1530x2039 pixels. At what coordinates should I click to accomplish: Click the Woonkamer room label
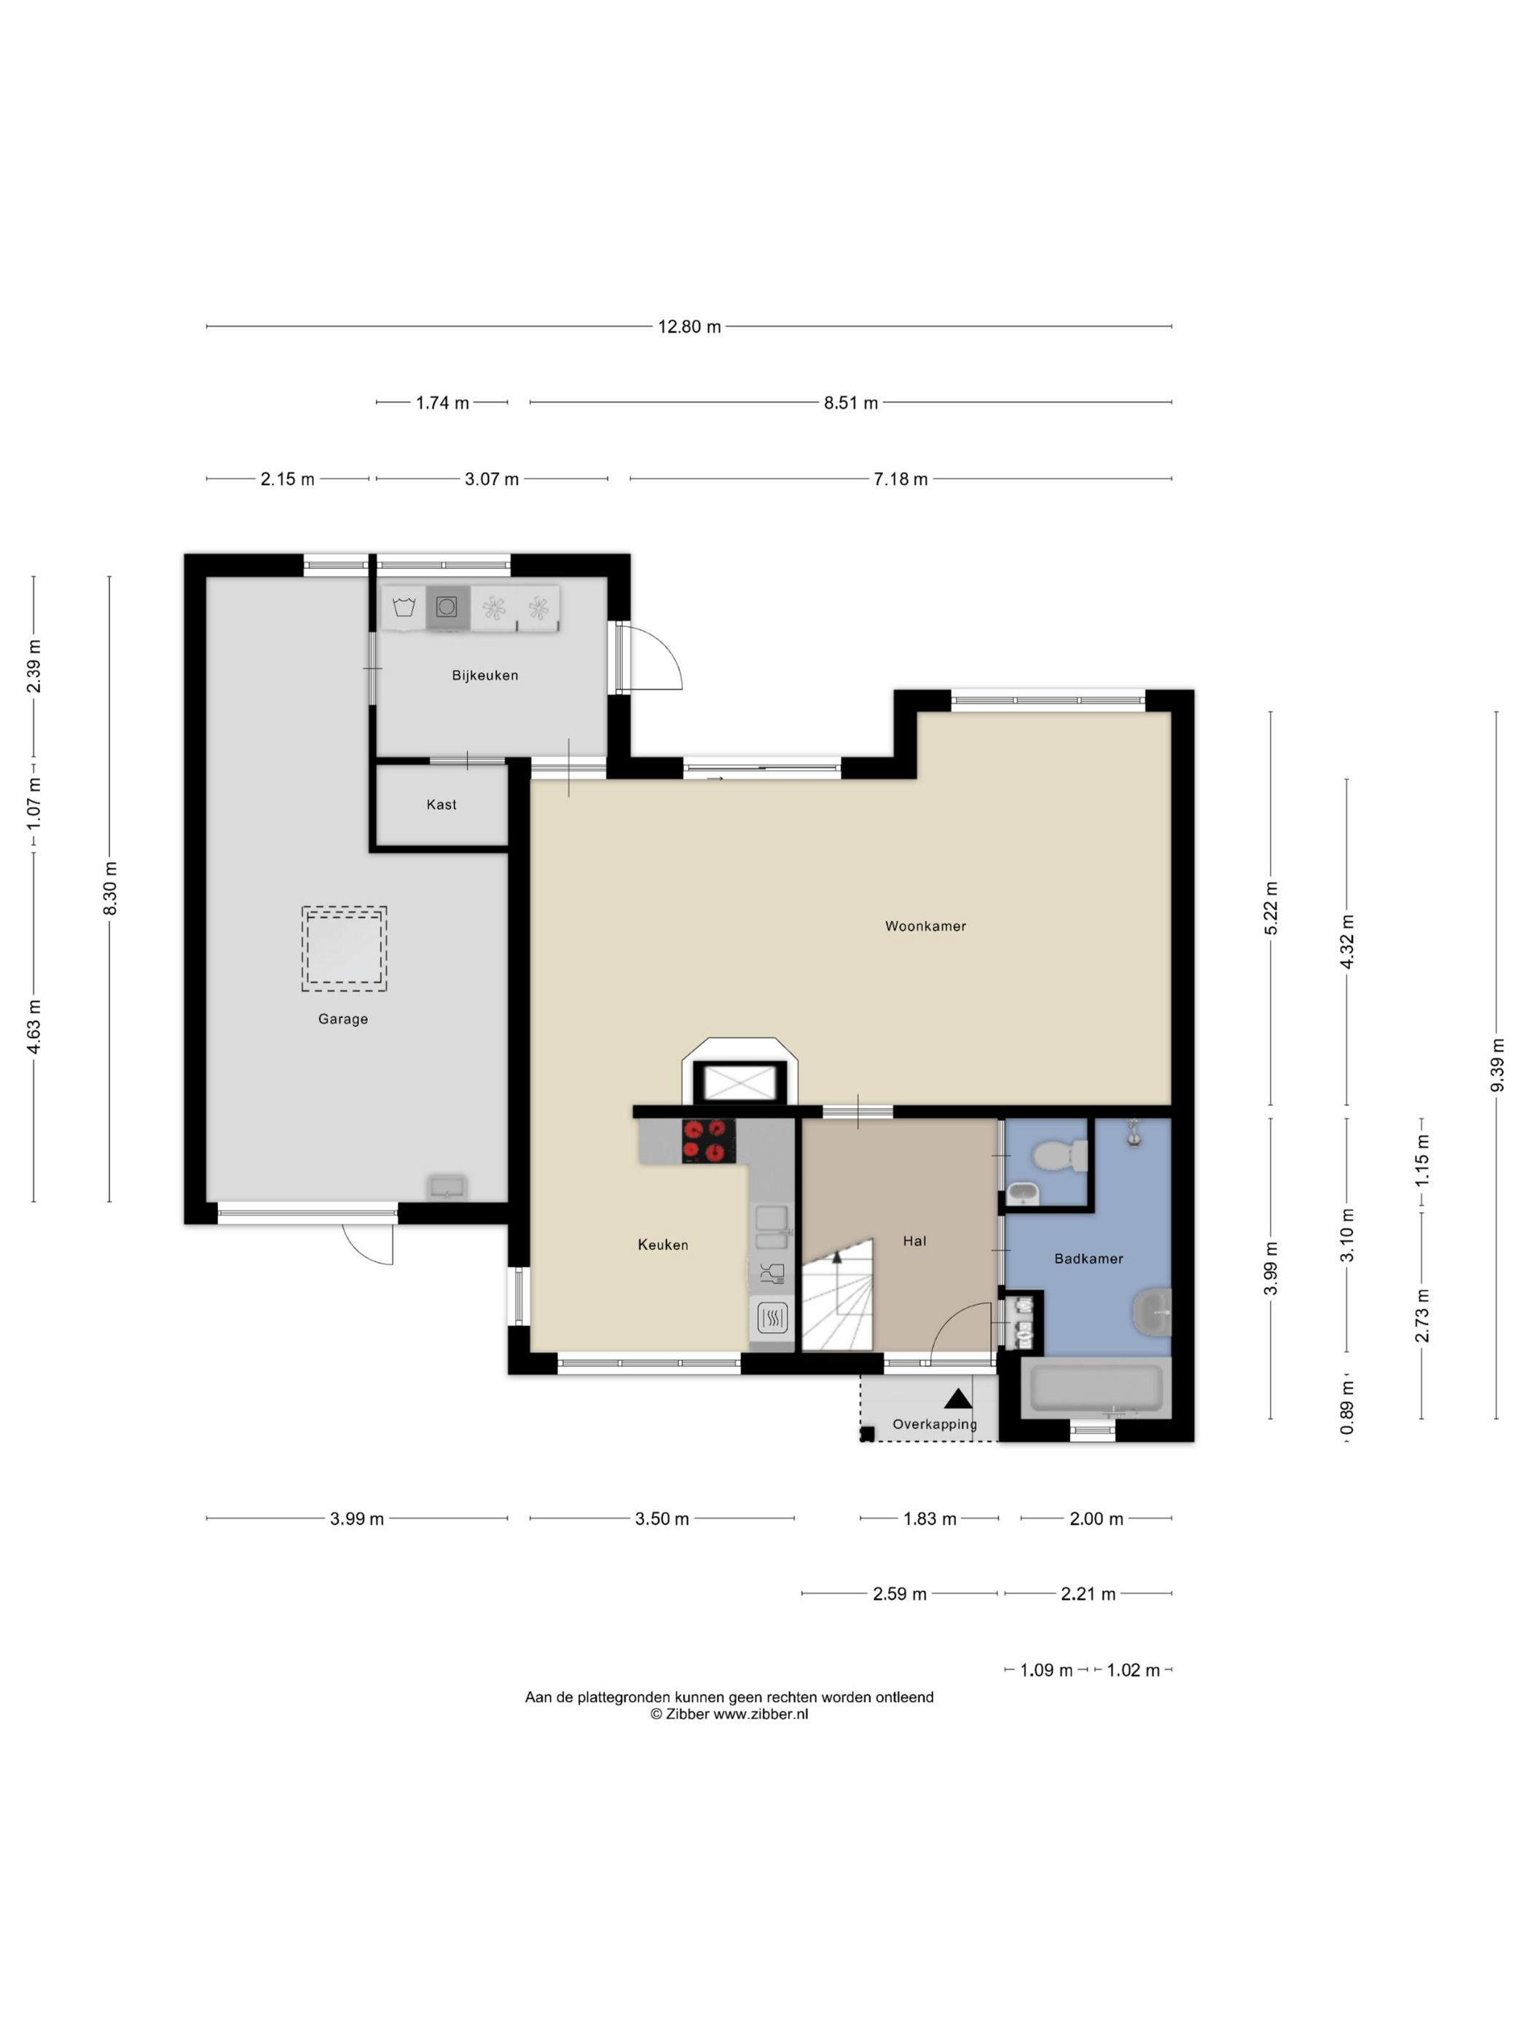pyautogui.click(x=925, y=926)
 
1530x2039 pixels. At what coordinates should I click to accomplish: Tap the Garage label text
pyautogui.click(x=343, y=1019)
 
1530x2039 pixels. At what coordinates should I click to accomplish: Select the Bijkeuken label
pyautogui.click(x=485, y=676)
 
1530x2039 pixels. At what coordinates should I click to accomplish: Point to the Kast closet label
pyautogui.click(x=442, y=805)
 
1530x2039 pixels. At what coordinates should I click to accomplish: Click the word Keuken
pyautogui.click(x=663, y=1245)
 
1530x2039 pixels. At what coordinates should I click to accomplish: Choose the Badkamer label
pyautogui.click(x=1088, y=1259)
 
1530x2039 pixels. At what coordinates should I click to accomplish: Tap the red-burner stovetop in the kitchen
pyautogui.click(x=708, y=1140)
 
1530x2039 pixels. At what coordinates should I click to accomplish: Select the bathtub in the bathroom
pyautogui.click(x=1096, y=1389)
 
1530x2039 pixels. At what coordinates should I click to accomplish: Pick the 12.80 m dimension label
pyautogui.click(x=689, y=326)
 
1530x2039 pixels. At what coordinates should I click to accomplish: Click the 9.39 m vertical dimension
pyautogui.click(x=1496, y=1065)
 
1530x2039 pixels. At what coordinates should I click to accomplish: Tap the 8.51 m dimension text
pyautogui.click(x=850, y=403)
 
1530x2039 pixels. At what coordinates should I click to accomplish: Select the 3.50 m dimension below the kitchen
pyautogui.click(x=662, y=1519)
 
